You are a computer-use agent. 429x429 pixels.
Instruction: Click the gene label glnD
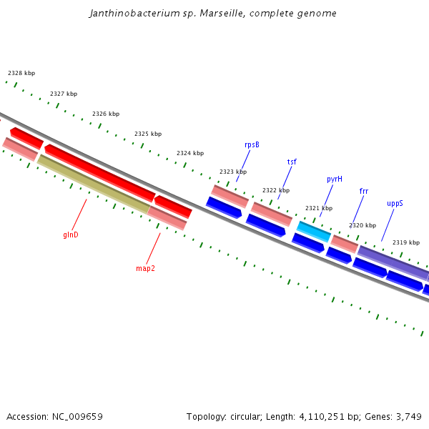pyautogui.click(x=71, y=235)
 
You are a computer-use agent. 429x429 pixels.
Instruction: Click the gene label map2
pyautogui.click(x=145, y=269)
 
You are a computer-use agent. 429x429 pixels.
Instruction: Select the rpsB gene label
pyautogui.click(x=252, y=144)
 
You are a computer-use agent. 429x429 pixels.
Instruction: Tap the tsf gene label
pyautogui.click(x=292, y=162)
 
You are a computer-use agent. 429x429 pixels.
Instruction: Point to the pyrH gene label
pyautogui.click(x=335, y=179)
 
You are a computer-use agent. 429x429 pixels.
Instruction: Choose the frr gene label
pyautogui.click(x=364, y=191)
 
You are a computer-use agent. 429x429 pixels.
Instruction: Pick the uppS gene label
pyautogui.click(x=395, y=203)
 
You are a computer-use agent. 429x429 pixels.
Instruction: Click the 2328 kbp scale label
pyautogui.click(x=21, y=73)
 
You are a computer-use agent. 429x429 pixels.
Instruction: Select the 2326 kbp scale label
pyautogui.click(x=106, y=114)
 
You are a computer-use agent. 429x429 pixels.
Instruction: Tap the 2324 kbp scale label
pyautogui.click(x=190, y=153)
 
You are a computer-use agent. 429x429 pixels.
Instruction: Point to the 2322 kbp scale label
pyautogui.click(x=276, y=190)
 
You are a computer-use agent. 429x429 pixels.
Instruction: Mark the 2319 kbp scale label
pyautogui.click(x=406, y=242)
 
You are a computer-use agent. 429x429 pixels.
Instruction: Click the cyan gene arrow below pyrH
pyautogui.click(x=314, y=231)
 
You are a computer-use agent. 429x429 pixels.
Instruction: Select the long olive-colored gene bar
pyautogui.click(x=93, y=184)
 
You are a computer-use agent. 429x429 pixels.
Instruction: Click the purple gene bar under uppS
pyautogui.click(x=393, y=263)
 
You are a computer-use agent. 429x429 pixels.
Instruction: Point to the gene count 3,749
pyautogui.click(x=408, y=416)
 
